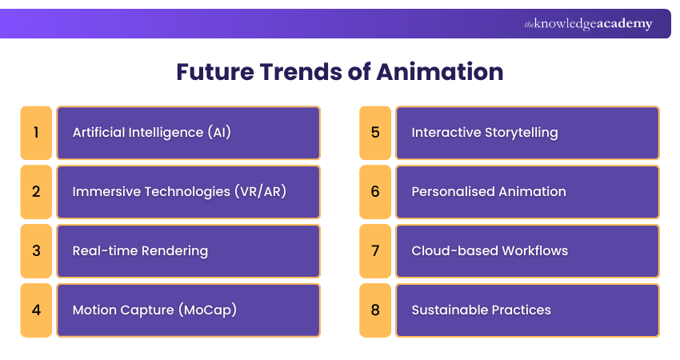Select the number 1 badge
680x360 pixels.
36,132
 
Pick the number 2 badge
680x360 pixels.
36,191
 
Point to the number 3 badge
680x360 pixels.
36,250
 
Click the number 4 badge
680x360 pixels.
36,310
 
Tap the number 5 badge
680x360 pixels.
375,132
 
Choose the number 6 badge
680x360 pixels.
375,191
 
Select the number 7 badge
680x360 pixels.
375,250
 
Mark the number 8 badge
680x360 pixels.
375,310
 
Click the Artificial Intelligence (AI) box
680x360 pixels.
188,132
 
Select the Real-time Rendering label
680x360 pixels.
140,250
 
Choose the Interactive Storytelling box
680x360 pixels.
527,132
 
